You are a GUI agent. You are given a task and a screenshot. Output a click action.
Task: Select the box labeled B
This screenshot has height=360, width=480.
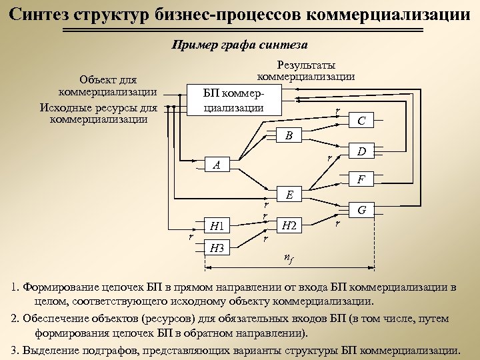point(289,135)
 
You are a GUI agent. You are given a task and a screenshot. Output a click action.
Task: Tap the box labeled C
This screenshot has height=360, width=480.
point(361,121)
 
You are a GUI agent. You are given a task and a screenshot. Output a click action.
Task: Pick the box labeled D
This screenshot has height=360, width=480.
point(361,151)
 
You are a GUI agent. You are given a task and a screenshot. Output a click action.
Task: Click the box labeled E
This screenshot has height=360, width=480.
point(289,195)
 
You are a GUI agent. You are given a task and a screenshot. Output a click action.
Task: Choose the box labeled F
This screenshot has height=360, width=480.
point(361,179)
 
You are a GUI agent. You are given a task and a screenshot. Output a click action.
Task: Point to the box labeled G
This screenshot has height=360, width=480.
point(361,210)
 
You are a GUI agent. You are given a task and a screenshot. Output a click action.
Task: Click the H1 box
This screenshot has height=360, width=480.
point(217,225)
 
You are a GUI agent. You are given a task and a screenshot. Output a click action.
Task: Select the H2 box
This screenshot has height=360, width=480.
point(289,225)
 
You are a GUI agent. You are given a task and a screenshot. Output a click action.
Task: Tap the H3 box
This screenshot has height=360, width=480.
point(217,249)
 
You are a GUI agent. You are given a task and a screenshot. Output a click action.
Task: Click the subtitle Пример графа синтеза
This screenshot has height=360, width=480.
point(240,45)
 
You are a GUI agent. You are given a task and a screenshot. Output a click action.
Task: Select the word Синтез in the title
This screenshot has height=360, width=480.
point(41,13)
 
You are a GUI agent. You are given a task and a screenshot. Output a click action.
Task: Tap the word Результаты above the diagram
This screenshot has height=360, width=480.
point(306,65)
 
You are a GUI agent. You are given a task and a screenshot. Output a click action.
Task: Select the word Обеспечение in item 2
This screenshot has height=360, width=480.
point(58,319)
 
